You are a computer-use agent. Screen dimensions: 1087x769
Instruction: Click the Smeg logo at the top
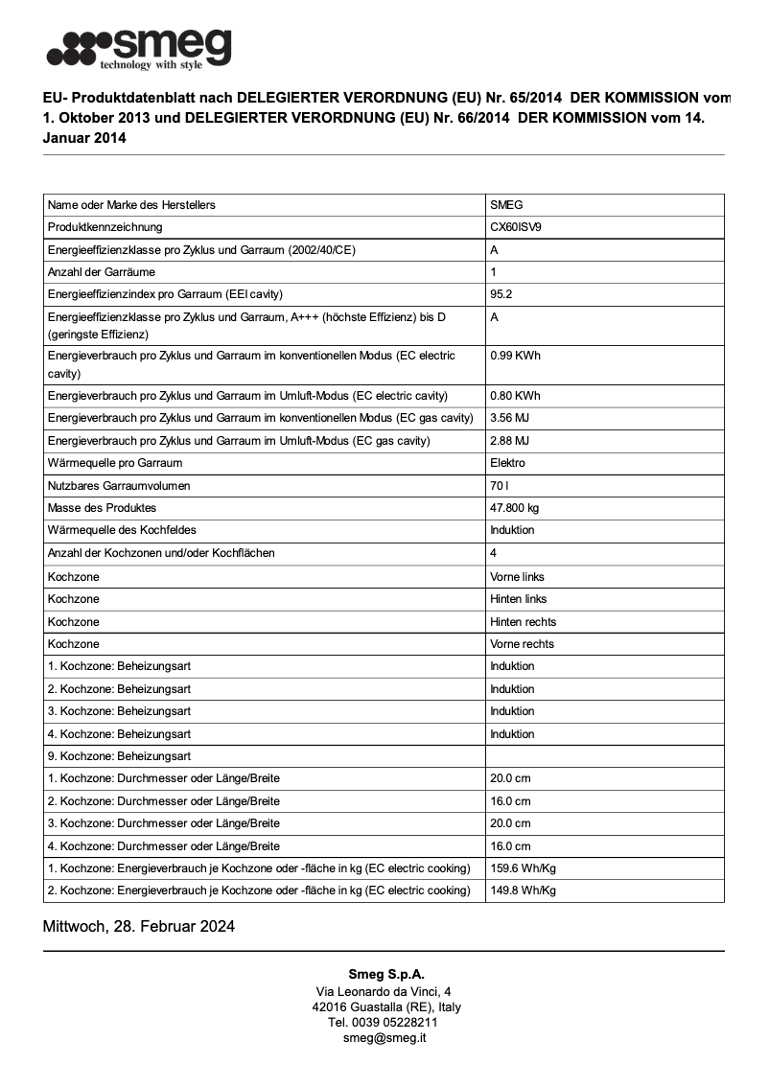pos(139,49)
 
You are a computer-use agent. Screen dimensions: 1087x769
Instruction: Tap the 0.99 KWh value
pos(515,356)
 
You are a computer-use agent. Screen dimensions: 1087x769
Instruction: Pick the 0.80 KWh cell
pos(515,396)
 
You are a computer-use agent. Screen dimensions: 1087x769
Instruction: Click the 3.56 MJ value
pos(509,418)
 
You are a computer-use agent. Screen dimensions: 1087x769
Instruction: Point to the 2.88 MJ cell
pos(509,441)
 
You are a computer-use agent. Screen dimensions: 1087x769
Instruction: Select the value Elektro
pos(507,463)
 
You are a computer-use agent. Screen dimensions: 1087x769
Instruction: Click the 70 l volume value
pos(499,486)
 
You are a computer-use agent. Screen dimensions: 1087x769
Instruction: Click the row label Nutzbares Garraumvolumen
pos(119,486)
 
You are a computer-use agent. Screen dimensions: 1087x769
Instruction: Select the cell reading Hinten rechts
pos(523,622)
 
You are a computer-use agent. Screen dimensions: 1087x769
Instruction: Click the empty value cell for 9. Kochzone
pos(604,756)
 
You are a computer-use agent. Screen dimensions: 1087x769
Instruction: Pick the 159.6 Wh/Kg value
pos(523,868)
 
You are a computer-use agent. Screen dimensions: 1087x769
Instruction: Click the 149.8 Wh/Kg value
pos(523,890)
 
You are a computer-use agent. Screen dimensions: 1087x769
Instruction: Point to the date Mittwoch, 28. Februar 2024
pos(139,927)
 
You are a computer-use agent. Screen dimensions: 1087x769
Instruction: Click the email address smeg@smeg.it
pos(384,1038)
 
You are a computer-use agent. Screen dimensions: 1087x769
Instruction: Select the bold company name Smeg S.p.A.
pos(384,974)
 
